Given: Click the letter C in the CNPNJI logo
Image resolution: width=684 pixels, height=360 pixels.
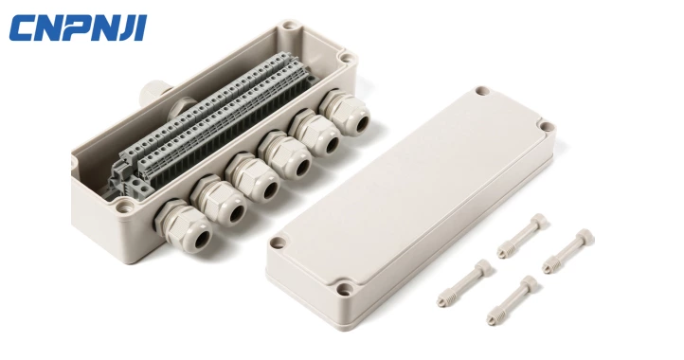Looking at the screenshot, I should point(23,28).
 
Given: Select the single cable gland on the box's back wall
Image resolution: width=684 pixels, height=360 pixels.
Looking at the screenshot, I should point(153,92).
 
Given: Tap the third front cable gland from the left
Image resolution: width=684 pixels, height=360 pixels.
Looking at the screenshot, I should point(252,179).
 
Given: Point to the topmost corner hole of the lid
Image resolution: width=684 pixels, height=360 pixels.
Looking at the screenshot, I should point(482,92).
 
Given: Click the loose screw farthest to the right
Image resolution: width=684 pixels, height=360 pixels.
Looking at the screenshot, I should point(569,251).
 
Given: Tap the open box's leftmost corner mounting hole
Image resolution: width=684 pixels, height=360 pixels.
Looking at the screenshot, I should point(76,163).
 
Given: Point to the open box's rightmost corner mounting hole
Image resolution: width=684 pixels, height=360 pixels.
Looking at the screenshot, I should point(347,61).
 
